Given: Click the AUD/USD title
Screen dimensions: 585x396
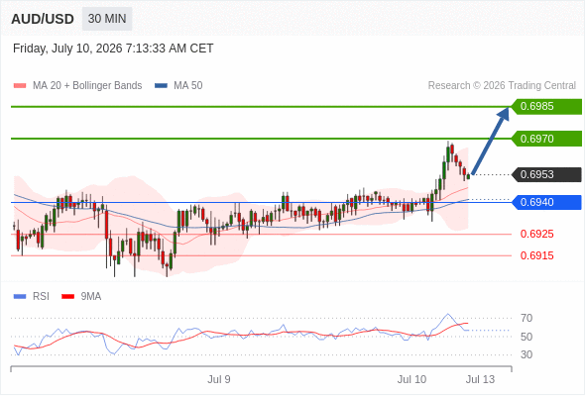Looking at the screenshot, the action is coord(43,19).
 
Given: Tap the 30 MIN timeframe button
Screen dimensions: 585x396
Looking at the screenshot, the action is coord(107,19).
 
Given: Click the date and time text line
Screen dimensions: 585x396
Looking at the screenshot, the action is coord(113,49).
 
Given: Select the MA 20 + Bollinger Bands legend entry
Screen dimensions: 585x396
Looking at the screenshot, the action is coord(77,86).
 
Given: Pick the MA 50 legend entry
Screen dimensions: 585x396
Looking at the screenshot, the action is coord(178,86).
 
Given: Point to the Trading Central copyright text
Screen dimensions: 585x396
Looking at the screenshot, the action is coord(502,86).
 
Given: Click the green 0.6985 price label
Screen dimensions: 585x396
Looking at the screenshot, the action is coord(546,107).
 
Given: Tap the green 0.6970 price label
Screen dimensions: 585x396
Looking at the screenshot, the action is coord(546,139).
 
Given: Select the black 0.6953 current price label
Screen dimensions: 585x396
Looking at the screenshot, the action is coord(546,174).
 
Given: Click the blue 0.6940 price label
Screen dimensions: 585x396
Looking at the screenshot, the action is coord(546,202).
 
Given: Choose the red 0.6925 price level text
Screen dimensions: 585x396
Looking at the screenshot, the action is coord(536,234).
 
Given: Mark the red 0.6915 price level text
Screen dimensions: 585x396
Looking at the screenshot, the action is coord(536,255).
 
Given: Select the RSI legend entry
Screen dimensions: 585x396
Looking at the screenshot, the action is coord(32,297).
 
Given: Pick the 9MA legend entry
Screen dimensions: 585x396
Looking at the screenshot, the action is coord(81,297).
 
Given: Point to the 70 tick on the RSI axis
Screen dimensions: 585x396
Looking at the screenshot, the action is coord(526,318).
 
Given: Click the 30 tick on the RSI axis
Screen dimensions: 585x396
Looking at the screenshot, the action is coord(526,354).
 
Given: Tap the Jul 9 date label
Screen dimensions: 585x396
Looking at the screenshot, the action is coord(219,379).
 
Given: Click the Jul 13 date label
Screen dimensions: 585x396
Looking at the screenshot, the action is coord(480,379).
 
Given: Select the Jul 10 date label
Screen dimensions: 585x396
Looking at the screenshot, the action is coord(411,379).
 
